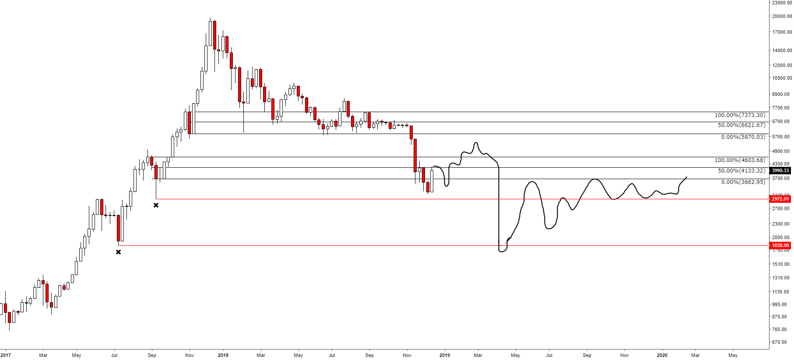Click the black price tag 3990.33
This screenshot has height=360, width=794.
(x=780, y=171)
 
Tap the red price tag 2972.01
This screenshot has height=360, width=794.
(x=780, y=199)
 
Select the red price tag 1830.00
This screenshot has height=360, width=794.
(x=780, y=246)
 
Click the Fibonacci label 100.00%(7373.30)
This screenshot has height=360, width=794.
(x=740, y=115)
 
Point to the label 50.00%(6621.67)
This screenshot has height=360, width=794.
(x=741, y=125)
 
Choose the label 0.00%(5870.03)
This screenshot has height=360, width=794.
(x=743, y=137)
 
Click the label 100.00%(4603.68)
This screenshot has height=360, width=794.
(x=740, y=160)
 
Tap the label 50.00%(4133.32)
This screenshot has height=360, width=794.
(x=741, y=171)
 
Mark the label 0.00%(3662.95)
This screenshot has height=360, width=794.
(x=743, y=182)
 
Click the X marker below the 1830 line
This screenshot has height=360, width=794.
(x=118, y=252)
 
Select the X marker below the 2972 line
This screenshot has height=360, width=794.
(x=156, y=205)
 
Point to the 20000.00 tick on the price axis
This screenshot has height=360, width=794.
(x=782, y=17)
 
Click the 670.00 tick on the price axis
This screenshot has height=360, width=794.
(x=782, y=342)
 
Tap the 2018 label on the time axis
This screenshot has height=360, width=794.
(x=223, y=355)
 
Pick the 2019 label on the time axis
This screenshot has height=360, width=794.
(x=444, y=355)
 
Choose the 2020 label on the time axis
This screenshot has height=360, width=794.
(x=662, y=355)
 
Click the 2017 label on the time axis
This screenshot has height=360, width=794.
(x=5, y=355)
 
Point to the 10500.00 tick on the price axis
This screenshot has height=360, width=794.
(x=782, y=78)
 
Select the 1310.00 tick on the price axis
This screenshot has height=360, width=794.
(x=782, y=278)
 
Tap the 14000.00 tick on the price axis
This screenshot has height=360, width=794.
(x=782, y=50)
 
